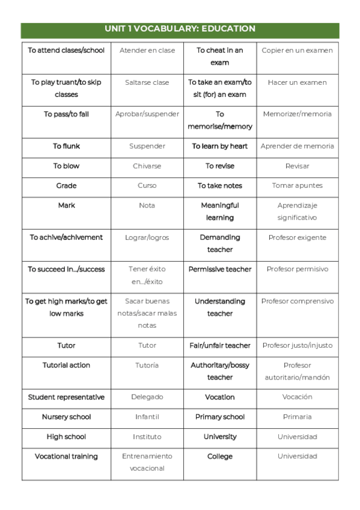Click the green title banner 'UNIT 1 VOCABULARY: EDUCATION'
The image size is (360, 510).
(x=180, y=29)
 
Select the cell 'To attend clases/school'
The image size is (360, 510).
(x=66, y=51)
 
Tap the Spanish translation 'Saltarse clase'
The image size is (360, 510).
(x=147, y=82)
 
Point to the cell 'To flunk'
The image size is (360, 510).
(x=66, y=146)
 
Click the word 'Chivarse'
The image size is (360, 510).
(x=147, y=166)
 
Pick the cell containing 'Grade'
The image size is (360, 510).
(x=66, y=186)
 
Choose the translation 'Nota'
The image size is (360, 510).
(x=147, y=206)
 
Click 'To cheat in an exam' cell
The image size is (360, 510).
(x=220, y=57)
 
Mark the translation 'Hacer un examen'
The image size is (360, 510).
(x=297, y=82)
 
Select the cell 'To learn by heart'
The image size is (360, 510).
(x=220, y=146)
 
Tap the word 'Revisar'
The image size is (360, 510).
(x=297, y=166)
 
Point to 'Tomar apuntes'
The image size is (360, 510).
(x=297, y=186)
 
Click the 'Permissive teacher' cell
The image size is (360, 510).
(x=220, y=269)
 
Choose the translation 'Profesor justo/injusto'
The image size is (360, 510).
(x=297, y=346)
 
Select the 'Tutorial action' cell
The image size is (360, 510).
(x=66, y=366)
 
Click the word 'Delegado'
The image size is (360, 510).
(x=147, y=398)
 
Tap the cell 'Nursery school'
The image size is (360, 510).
(x=66, y=417)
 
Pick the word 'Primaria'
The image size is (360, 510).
(x=297, y=417)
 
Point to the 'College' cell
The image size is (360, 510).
(x=220, y=457)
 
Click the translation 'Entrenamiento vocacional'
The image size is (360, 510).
(x=147, y=462)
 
